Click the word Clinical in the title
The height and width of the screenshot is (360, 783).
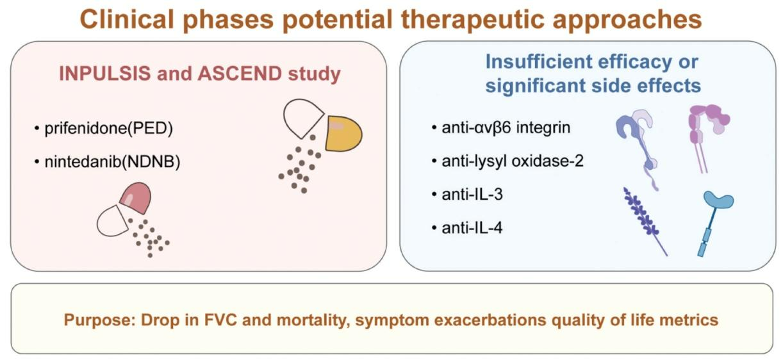(127, 19)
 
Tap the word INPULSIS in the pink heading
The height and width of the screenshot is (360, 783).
(105, 74)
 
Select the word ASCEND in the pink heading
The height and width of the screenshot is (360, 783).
(240, 74)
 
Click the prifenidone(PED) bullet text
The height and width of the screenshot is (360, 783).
(109, 128)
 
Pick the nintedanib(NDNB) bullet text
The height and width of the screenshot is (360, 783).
(112, 162)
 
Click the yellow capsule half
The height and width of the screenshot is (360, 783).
(343, 133)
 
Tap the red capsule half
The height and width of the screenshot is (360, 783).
(136, 197)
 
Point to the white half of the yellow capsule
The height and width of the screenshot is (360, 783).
(302, 118)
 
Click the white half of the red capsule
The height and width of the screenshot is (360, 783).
(113, 221)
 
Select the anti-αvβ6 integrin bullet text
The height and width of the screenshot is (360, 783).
(506, 127)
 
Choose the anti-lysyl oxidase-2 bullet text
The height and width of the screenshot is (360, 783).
(513, 161)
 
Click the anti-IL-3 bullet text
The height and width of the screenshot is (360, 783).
(472, 194)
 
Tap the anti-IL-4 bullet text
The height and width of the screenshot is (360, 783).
(472, 228)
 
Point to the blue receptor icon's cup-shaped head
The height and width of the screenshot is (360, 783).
(718, 200)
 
